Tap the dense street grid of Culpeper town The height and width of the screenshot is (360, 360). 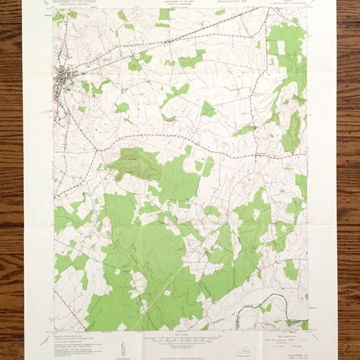tap(64, 77)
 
